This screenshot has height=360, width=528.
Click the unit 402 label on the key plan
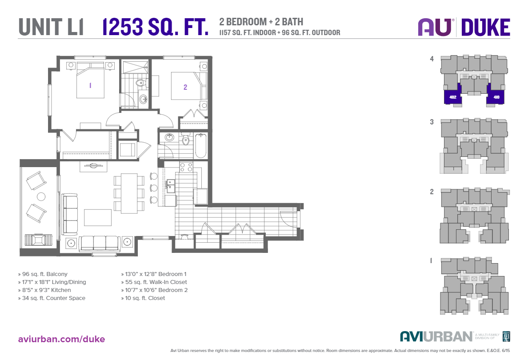click(x=453, y=97)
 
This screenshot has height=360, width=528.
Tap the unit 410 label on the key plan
click(x=496, y=97)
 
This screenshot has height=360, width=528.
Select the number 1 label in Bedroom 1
click(x=90, y=85)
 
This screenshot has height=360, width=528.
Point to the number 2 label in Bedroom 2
click(x=185, y=87)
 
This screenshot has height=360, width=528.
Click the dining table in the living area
click(x=129, y=192)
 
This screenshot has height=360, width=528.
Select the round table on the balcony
click(x=41, y=196)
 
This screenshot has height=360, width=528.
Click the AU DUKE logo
click(x=464, y=27)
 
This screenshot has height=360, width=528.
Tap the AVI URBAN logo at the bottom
click(x=436, y=336)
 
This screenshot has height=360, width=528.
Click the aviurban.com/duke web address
click(x=62, y=339)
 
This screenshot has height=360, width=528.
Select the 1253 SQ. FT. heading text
click(x=156, y=27)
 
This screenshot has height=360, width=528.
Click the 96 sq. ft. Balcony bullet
click(x=43, y=274)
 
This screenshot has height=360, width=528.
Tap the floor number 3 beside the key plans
click(x=432, y=121)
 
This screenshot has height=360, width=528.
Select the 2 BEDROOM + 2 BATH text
click(x=261, y=22)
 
